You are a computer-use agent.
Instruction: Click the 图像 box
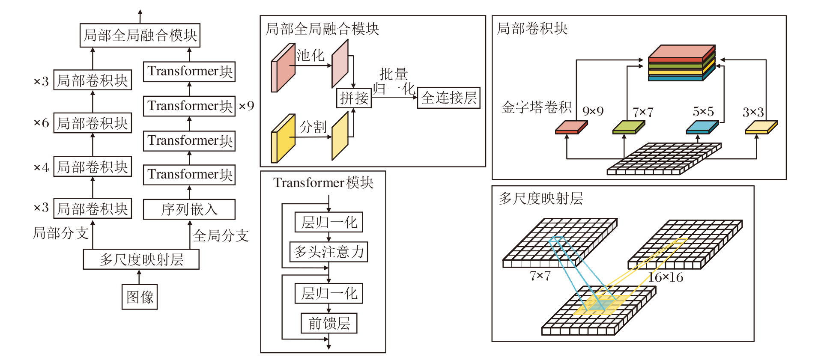click(140, 297)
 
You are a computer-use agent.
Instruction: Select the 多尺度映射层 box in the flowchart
click(141, 259)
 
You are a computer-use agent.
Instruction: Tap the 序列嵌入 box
click(189, 209)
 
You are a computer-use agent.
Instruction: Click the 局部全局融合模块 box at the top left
click(140, 35)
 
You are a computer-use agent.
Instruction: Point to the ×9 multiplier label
click(246, 106)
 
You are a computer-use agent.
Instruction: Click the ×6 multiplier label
click(42, 123)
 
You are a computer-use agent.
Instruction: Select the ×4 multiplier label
click(42, 167)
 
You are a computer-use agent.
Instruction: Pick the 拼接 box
click(354, 98)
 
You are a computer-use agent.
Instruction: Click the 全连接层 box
click(449, 98)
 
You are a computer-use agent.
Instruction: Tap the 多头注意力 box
click(328, 252)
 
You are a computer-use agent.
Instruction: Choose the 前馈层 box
click(329, 323)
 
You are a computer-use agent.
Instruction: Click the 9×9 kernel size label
click(593, 111)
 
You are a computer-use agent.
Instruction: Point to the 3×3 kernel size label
click(753, 112)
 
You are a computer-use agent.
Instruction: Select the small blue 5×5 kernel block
click(702, 128)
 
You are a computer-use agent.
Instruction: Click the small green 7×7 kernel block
click(628, 128)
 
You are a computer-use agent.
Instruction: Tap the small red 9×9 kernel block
click(571, 128)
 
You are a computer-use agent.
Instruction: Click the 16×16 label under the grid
click(666, 277)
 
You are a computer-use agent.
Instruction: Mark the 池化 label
click(310, 55)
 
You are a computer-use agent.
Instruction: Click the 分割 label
click(313, 127)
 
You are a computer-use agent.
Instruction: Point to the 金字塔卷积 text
click(536, 107)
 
